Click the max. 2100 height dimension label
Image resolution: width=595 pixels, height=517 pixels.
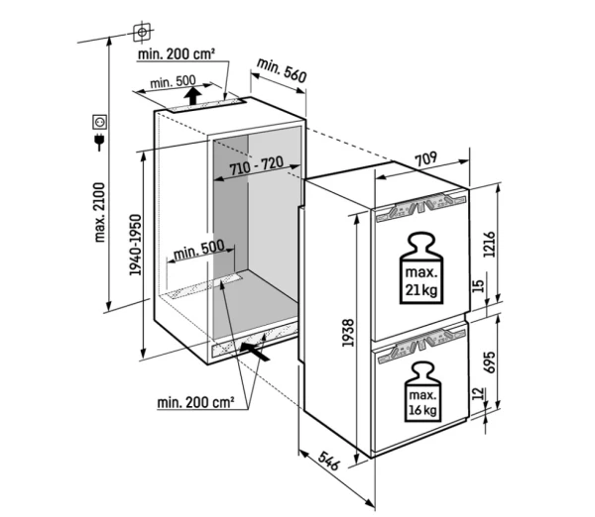[100, 212]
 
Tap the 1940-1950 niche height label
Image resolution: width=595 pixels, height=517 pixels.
[135, 245]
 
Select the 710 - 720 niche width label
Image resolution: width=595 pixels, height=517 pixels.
[257, 165]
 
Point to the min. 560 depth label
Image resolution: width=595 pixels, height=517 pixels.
[282, 70]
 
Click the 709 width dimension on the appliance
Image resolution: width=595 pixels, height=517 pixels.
[425, 159]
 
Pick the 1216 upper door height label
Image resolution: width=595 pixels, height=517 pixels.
[490, 244]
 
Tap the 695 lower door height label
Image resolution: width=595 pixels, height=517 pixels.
[490, 362]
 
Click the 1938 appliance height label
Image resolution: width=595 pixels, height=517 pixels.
[348, 333]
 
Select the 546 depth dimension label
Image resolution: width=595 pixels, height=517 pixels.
[327, 461]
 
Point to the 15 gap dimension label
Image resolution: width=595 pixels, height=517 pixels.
[479, 285]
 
